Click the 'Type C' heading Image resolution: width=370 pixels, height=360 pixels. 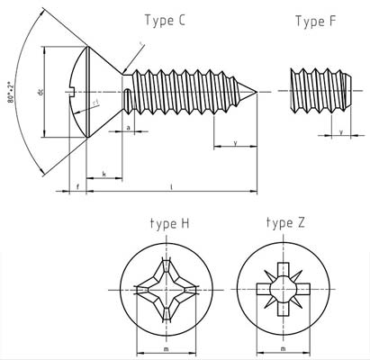[165, 20]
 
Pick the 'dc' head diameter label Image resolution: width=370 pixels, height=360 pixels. [55, 92]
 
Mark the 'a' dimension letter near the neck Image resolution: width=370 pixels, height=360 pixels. [131, 129]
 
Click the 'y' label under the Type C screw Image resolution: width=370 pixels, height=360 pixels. [235, 142]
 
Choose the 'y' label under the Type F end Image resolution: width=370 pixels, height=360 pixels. [339, 132]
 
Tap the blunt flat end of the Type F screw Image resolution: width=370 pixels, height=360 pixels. [351, 91]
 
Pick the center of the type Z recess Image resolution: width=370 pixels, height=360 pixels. [283, 289]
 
